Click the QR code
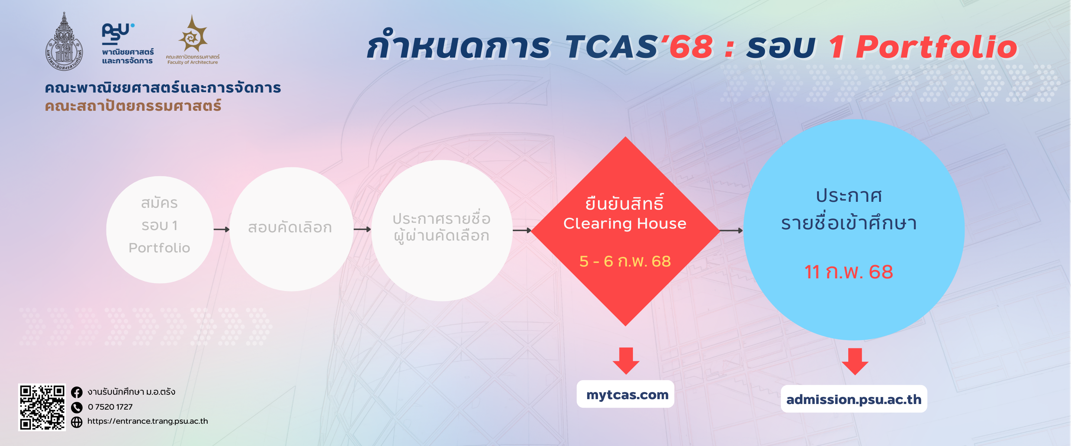point(42,407)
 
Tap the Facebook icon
point(77,392)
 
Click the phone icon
point(77,407)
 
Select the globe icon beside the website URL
point(77,422)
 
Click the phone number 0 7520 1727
point(110,407)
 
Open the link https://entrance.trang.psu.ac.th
point(148,421)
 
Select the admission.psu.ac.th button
point(853,399)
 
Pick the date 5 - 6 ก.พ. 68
point(625,261)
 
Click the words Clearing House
point(624,224)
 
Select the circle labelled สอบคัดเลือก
point(291,229)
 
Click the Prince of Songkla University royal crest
point(64,42)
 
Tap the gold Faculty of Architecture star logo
point(193,35)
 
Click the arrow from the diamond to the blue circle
point(731,230)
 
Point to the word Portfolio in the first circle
point(159,248)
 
